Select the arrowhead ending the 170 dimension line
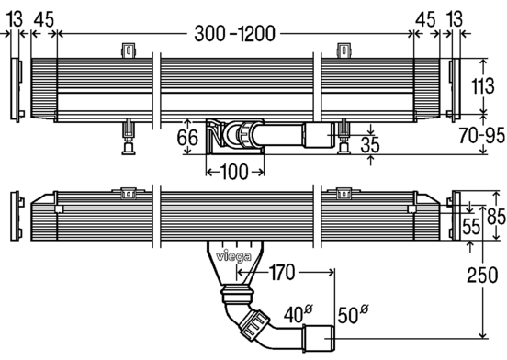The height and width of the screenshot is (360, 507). (x=242, y=271)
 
